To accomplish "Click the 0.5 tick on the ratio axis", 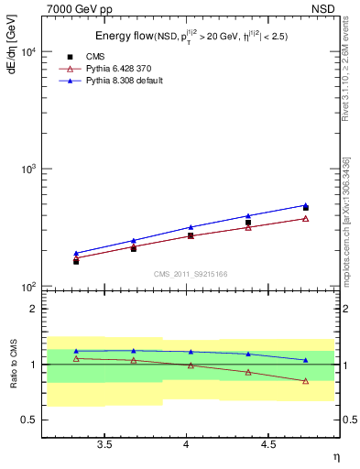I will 30,420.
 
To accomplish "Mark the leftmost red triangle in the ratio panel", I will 76,358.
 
